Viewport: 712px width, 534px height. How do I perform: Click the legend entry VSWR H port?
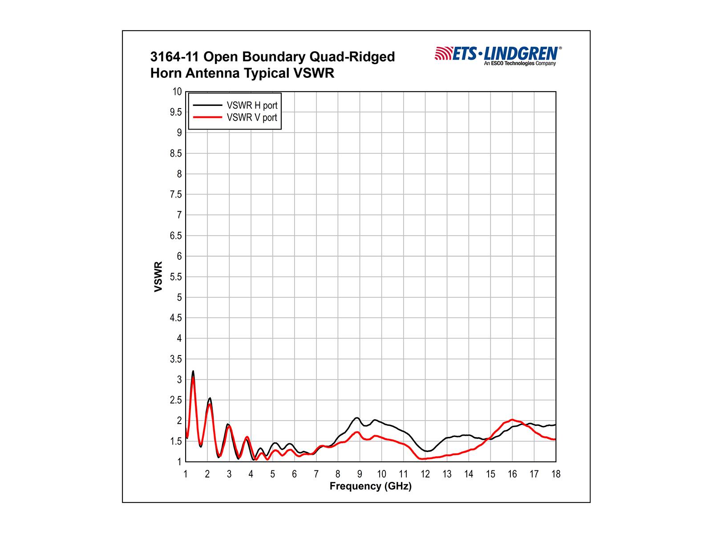tap(252, 105)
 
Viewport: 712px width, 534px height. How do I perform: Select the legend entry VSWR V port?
tap(252, 117)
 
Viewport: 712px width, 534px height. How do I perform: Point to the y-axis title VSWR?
tap(158, 277)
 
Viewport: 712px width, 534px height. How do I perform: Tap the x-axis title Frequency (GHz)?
tap(370, 486)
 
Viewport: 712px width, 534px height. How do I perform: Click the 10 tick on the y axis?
tap(177, 92)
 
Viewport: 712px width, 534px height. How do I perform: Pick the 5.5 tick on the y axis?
tap(176, 277)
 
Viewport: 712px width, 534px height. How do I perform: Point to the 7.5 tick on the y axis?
tap(176, 194)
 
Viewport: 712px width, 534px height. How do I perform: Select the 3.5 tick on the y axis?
tap(176, 359)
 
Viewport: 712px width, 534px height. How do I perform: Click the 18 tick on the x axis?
tap(556, 474)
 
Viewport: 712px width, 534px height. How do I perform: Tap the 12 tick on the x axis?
tap(425, 474)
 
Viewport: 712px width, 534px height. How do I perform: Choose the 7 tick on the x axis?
tap(316, 474)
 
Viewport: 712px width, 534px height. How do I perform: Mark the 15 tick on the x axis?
tap(490, 474)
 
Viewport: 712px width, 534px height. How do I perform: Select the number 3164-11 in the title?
tap(175, 57)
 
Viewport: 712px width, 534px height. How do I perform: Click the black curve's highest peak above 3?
tap(193, 371)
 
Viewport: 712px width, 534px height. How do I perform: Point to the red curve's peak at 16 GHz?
tap(513, 420)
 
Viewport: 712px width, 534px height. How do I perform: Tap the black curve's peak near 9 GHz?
tap(357, 417)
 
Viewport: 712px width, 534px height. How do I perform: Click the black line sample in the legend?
tap(207, 105)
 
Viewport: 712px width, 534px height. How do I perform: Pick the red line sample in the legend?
tap(207, 117)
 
